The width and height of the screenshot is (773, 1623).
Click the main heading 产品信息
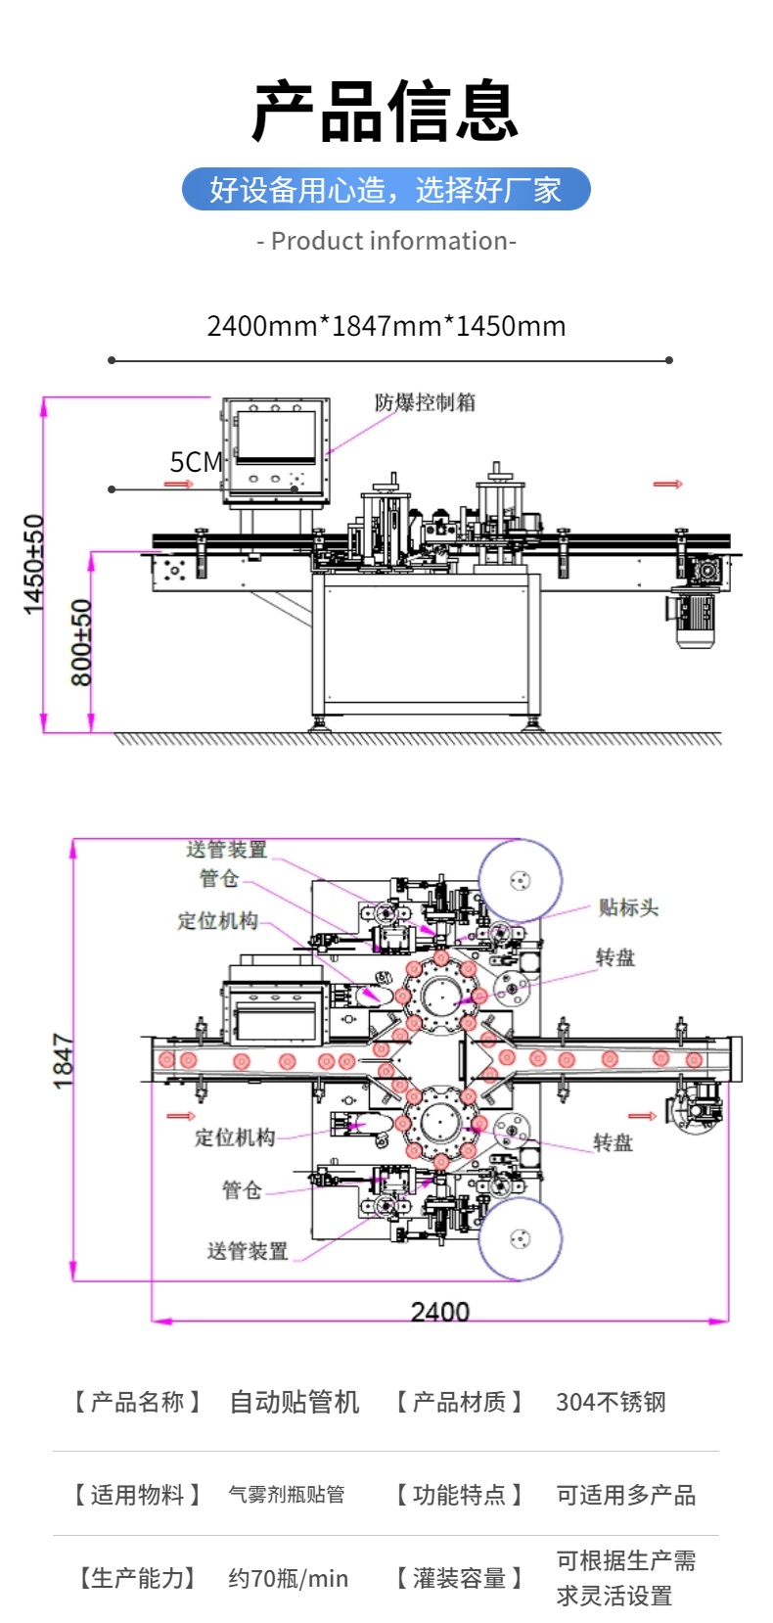click(x=386, y=111)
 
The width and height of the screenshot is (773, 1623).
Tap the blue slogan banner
click(x=386, y=189)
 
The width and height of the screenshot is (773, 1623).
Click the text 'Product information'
click(x=386, y=241)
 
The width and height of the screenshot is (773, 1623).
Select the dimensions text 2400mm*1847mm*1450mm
click(x=386, y=326)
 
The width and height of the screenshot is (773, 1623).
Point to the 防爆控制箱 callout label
click(x=425, y=402)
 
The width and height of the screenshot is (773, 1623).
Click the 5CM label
click(x=196, y=462)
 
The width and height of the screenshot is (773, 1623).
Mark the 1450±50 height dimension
click(x=34, y=565)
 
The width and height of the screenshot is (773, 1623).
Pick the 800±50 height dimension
click(x=82, y=642)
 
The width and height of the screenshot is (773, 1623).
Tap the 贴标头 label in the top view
click(x=628, y=908)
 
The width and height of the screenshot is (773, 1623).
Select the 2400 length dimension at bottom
click(x=439, y=1312)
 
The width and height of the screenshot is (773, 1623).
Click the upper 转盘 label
click(x=615, y=957)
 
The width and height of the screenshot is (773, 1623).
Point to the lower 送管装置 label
click(x=248, y=1251)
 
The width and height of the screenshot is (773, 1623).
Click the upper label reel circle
click(x=520, y=880)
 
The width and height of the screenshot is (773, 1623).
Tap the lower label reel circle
click(x=520, y=1238)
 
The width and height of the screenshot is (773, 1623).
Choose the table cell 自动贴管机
click(x=295, y=1403)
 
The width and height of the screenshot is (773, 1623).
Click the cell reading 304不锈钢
click(x=611, y=1403)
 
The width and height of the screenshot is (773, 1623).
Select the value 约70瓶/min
click(x=288, y=1578)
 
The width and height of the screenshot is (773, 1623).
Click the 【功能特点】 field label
click(x=459, y=1495)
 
